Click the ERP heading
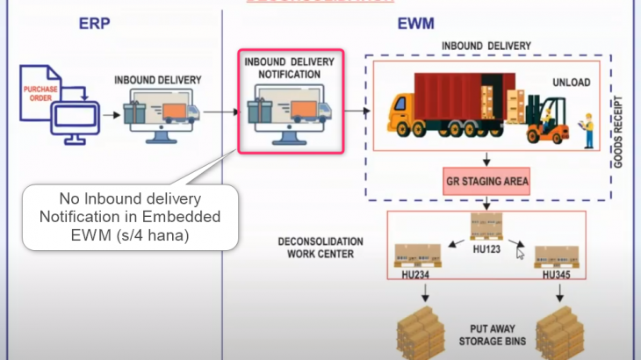point(92,23)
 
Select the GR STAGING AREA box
point(486,184)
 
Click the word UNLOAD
point(572,83)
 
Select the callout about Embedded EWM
point(129,218)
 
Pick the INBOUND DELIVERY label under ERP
point(158,80)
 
